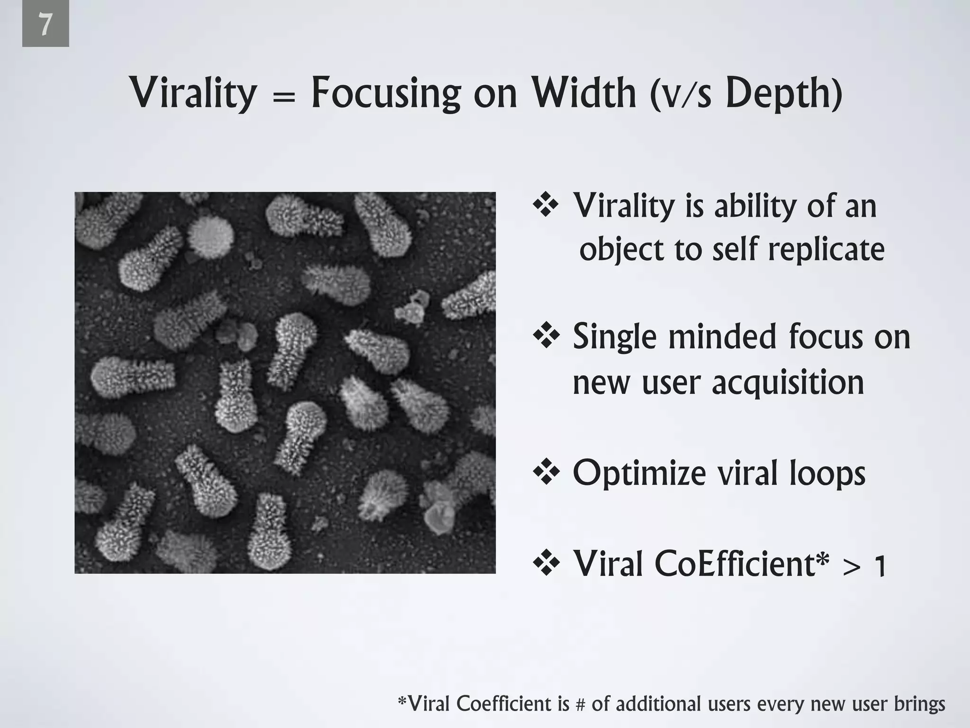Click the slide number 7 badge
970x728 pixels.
point(45,24)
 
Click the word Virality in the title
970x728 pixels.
point(193,93)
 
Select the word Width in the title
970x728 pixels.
point(583,93)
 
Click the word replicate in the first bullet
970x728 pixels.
point(826,250)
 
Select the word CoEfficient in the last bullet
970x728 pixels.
point(735,564)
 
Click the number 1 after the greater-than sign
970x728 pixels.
point(880,566)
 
